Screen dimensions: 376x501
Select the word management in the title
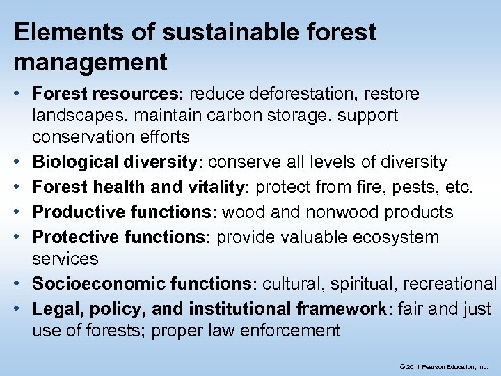[90, 62]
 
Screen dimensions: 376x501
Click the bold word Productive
[77, 212]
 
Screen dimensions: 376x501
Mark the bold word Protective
[76, 237]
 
